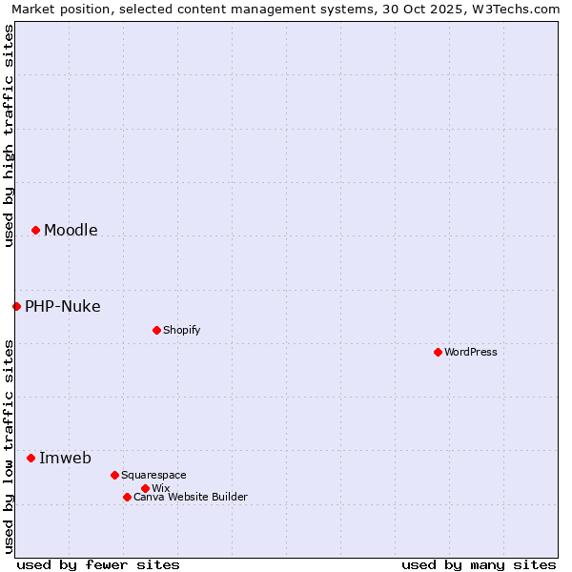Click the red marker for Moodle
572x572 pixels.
tap(35, 230)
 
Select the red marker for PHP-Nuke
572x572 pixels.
tap(16, 306)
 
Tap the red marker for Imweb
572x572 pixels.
tap(31, 458)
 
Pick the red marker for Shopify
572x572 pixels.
tap(156, 330)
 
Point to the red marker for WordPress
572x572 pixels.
tap(438, 352)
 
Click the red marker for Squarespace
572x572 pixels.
tap(114, 475)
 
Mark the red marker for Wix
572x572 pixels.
tap(145, 488)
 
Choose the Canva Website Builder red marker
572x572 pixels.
tap(127, 497)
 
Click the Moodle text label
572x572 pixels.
tap(71, 230)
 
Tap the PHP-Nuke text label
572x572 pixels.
tap(63, 306)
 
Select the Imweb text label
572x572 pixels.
tap(65, 458)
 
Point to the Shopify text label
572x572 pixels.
tap(182, 330)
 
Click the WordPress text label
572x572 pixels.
tap(471, 352)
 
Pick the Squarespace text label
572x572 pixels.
tap(153, 475)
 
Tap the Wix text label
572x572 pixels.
tap(161, 488)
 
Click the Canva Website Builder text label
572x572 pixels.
tap(191, 497)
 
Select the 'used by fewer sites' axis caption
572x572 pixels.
tap(98, 564)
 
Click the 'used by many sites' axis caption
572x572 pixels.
tap(479, 564)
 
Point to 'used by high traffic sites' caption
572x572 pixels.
tap(9, 135)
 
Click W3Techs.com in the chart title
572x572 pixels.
tap(518, 9)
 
